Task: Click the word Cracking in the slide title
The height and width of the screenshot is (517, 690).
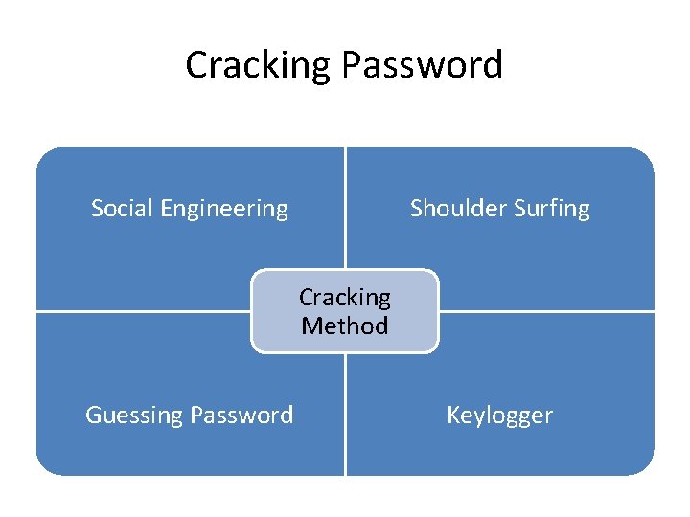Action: tap(258, 65)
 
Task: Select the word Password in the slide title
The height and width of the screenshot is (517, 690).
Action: tap(422, 65)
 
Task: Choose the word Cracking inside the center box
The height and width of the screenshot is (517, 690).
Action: tap(345, 298)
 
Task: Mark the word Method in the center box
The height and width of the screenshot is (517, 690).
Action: tap(345, 326)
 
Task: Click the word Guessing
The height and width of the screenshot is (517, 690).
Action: tap(135, 416)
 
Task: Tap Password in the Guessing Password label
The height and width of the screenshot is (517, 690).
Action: tap(241, 415)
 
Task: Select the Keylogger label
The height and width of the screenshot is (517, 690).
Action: tap(499, 416)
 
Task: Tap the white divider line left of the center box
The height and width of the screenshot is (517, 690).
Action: tap(144, 311)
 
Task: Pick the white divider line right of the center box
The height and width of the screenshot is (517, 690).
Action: tap(546, 311)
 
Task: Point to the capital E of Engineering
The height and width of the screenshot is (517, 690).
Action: tap(169, 208)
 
